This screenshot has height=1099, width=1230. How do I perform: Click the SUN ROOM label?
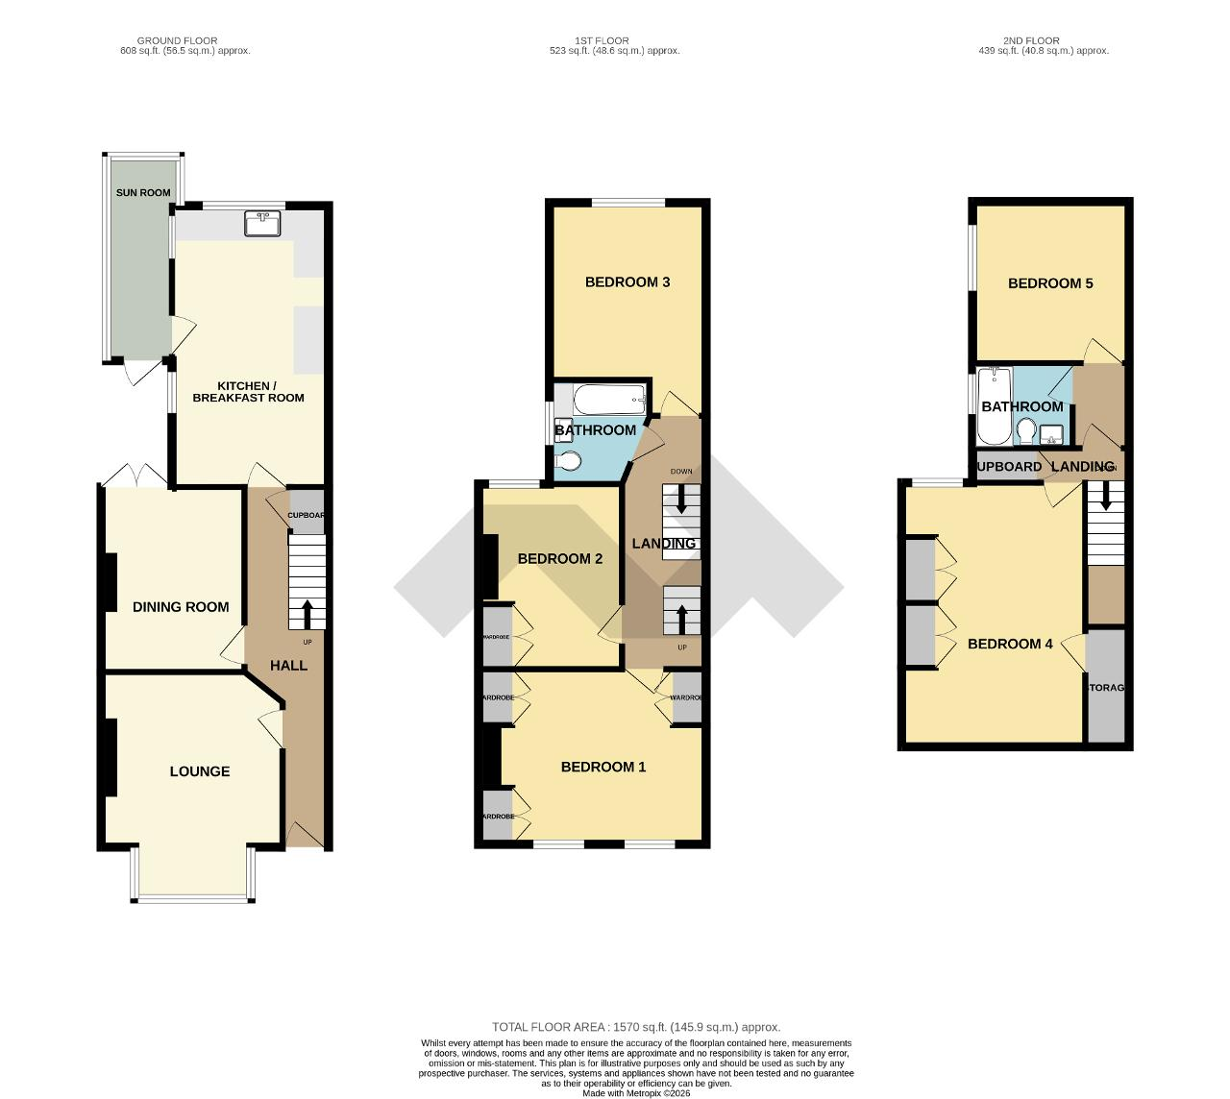[143, 193]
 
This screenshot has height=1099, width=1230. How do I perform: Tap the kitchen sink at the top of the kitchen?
[262, 224]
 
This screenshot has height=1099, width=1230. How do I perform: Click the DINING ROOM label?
[181, 607]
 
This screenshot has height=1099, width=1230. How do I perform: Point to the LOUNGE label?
[200, 771]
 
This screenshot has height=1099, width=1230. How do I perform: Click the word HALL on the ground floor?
[288, 665]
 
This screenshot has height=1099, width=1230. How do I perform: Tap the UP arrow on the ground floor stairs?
[307, 612]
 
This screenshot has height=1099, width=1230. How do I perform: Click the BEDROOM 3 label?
[627, 282]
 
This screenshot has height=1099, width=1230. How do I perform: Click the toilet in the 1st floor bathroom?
[568, 463]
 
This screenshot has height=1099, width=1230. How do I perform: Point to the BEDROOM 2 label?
[560, 559]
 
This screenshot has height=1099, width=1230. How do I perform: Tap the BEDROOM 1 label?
[603, 767]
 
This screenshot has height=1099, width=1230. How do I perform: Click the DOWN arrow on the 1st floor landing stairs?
[682, 499]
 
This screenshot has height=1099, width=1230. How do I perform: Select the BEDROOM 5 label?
[1050, 283]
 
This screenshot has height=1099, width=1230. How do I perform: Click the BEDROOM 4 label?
[1010, 644]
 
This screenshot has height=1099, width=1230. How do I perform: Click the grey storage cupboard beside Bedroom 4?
[1105, 686]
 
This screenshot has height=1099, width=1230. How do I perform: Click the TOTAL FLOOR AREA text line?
[636, 1027]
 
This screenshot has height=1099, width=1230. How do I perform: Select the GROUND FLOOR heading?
[178, 41]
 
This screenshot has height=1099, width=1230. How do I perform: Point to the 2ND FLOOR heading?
[1031, 41]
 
